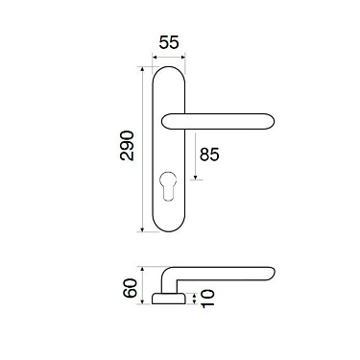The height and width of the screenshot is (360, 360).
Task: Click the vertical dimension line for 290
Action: (143, 148)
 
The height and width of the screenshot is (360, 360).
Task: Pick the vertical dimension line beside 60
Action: (142, 285)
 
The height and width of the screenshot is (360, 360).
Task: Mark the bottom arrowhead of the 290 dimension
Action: (143, 230)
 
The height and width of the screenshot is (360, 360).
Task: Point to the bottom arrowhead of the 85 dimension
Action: (197, 179)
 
